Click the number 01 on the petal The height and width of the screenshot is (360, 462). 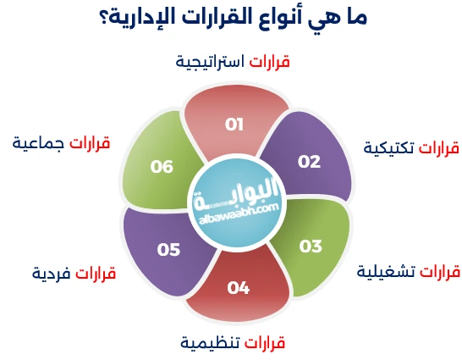(x=234, y=125)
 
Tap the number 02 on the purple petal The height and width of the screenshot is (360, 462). (x=309, y=162)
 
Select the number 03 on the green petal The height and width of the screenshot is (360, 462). (x=311, y=246)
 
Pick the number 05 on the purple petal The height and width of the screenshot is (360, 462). (x=168, y=249)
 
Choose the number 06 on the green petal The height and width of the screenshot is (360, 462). (x=162, y=167)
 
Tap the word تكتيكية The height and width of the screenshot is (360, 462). (x=389, y=148)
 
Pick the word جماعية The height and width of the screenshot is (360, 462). (x=40, y=142)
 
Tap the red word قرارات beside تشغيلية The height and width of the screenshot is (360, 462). (x=440, y=272)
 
